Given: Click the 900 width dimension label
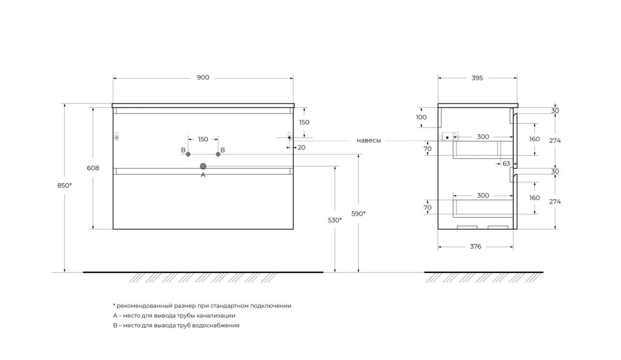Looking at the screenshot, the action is click(x=203, y=78).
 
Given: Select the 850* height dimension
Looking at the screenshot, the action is click(x=64, y=185).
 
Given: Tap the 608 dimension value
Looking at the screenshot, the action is click(x=93, y=168).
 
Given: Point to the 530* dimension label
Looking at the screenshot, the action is click(x=335, y=220).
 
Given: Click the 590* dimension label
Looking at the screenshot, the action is click(x=358, y=214).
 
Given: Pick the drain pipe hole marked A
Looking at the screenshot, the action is click(x=203, y=166).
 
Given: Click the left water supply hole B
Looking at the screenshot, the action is click(x=188, y=154).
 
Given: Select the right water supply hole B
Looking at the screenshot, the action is click(x=218, y=154).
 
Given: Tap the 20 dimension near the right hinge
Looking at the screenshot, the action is click(x=301, y=148).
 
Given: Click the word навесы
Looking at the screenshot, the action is click(x=369, y=140).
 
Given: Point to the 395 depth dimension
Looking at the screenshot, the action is click(x=477, y=78).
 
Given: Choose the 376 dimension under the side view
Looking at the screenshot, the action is click(x=475, y=246).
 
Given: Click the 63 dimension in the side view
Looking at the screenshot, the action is click(x=506, y=164).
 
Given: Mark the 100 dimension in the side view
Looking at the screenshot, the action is click(x=421, y=117).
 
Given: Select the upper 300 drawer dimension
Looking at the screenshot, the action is click(x=483, y=137).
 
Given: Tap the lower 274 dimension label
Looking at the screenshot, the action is click(x=555, y=201).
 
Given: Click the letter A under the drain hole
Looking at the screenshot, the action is click(x=203, y=175).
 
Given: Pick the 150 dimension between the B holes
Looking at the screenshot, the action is click(x=203, y=139).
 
